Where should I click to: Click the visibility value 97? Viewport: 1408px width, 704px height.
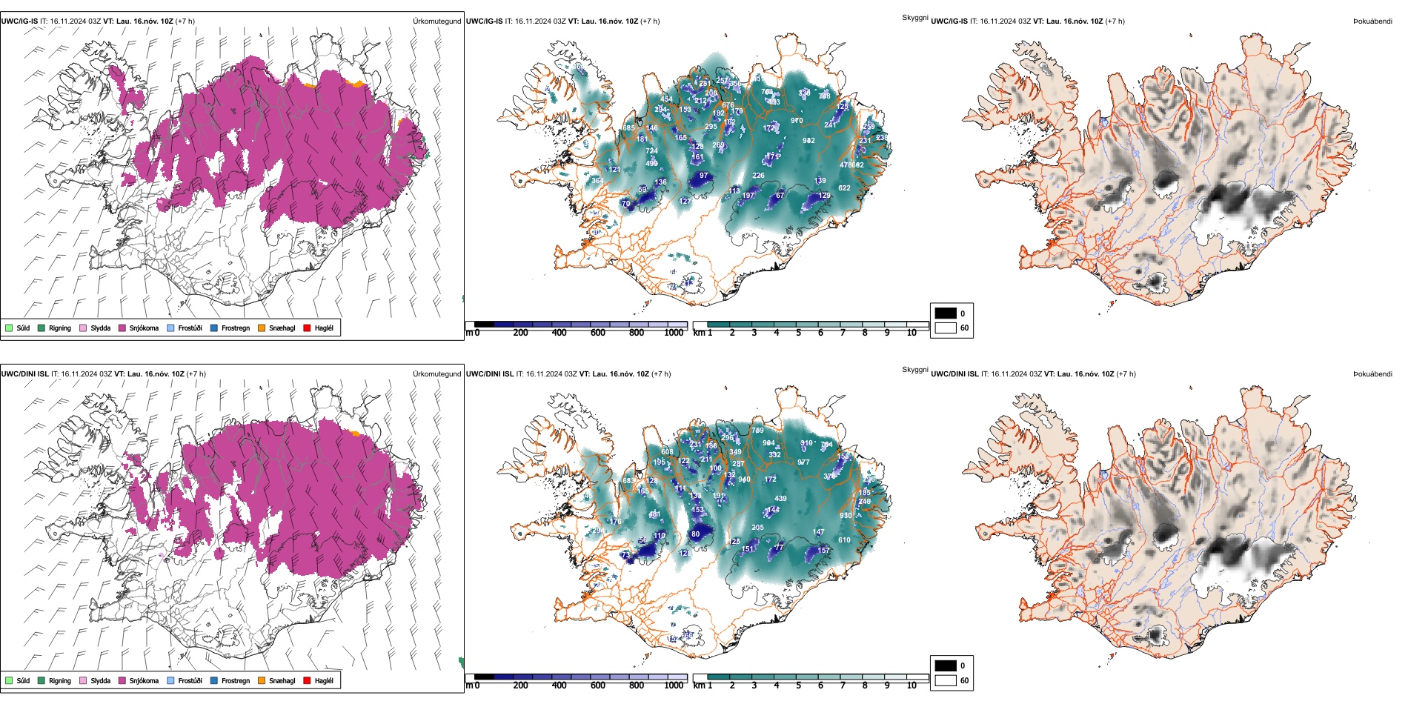pos(703,176)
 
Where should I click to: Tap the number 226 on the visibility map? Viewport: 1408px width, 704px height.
pos(758,176)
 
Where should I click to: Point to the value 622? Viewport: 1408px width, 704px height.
pos(844,188)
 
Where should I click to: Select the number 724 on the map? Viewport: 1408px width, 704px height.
pos(651,151)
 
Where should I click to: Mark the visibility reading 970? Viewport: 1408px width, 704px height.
pos(797,121)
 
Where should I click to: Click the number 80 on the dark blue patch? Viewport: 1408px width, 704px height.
pos(695,534)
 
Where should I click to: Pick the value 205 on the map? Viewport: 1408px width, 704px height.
pos(757,528)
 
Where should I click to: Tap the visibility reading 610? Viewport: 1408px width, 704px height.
pos(844,540)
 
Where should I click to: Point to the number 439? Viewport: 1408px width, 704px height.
pos(780,499)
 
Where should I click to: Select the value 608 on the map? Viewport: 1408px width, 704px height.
pos(667,452)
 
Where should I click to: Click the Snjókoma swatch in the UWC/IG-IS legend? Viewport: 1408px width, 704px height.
pos(122,328)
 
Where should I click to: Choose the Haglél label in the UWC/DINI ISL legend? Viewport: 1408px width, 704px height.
pos(324,681)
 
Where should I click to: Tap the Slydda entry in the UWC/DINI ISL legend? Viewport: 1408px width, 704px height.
pos(100,681)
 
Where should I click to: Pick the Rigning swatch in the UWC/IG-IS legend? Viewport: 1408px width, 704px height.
pos(42,328)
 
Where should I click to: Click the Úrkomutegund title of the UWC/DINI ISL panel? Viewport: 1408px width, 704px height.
pos(436,374)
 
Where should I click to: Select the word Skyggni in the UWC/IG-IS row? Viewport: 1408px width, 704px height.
pos(914,18)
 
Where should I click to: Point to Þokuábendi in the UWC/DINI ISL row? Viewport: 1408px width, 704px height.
pos(1372,374)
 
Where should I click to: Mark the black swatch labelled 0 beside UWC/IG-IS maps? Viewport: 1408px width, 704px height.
pos(946,313)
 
